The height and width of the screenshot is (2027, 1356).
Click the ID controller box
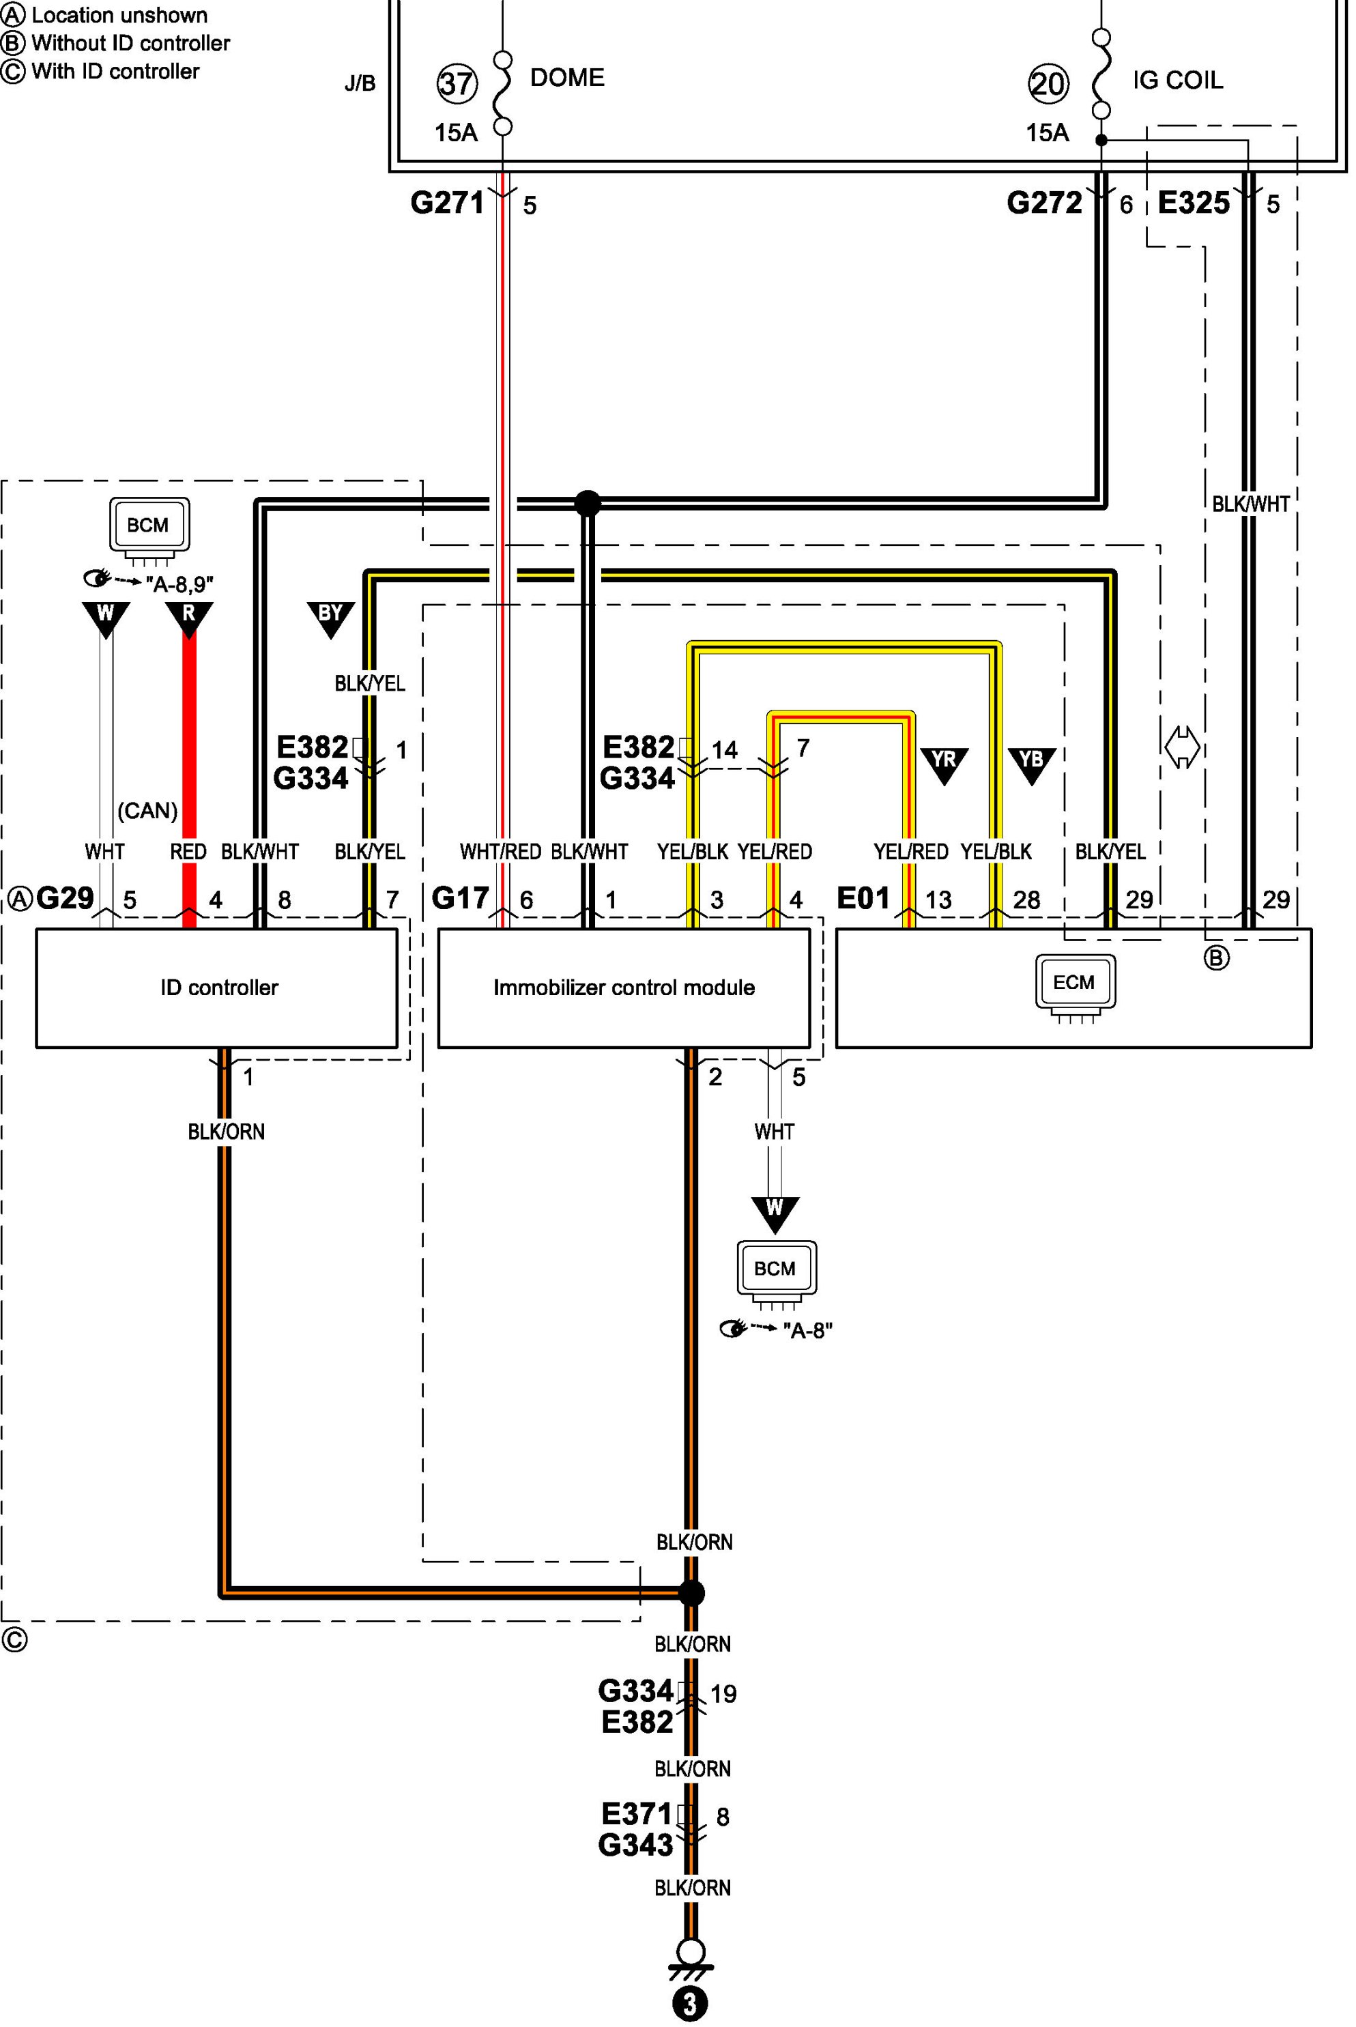pos(216,988)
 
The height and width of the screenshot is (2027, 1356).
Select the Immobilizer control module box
pos(624,988)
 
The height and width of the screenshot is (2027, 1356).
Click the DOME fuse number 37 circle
pos(456,83)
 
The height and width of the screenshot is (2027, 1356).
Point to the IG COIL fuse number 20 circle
pos(1048,84)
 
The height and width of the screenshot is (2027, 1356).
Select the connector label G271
pos(447,203)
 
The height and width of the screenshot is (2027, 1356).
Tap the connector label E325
pos(1194,203)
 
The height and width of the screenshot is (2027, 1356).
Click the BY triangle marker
pos(330,618)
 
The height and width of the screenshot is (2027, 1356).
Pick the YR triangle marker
pos(944,764)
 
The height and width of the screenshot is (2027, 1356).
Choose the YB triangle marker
pos(1031,764)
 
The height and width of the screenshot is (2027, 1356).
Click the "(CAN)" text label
pos(147,810)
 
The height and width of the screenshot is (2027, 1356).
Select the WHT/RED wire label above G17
pos(500,852)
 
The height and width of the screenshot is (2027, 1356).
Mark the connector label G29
pos(65,898)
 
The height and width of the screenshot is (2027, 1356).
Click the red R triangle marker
pos(188,618)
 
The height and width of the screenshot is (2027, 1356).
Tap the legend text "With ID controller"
pos(115,71)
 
